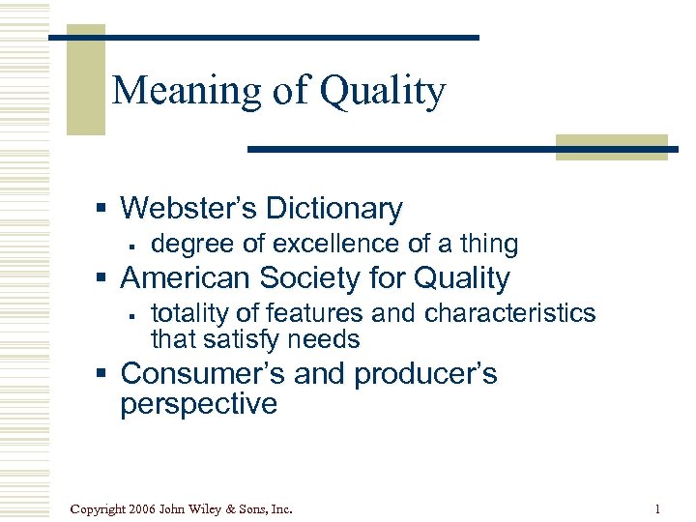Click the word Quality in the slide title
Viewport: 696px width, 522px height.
(x=383, y=92)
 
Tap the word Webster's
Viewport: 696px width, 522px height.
(x=186, y=208)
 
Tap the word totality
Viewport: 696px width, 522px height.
(x=189, y=313)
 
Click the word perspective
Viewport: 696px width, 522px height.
(x=198, y=403)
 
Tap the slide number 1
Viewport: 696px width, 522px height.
(x=656, y=508)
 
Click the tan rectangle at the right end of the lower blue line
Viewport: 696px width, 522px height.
(x=610, y=147)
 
